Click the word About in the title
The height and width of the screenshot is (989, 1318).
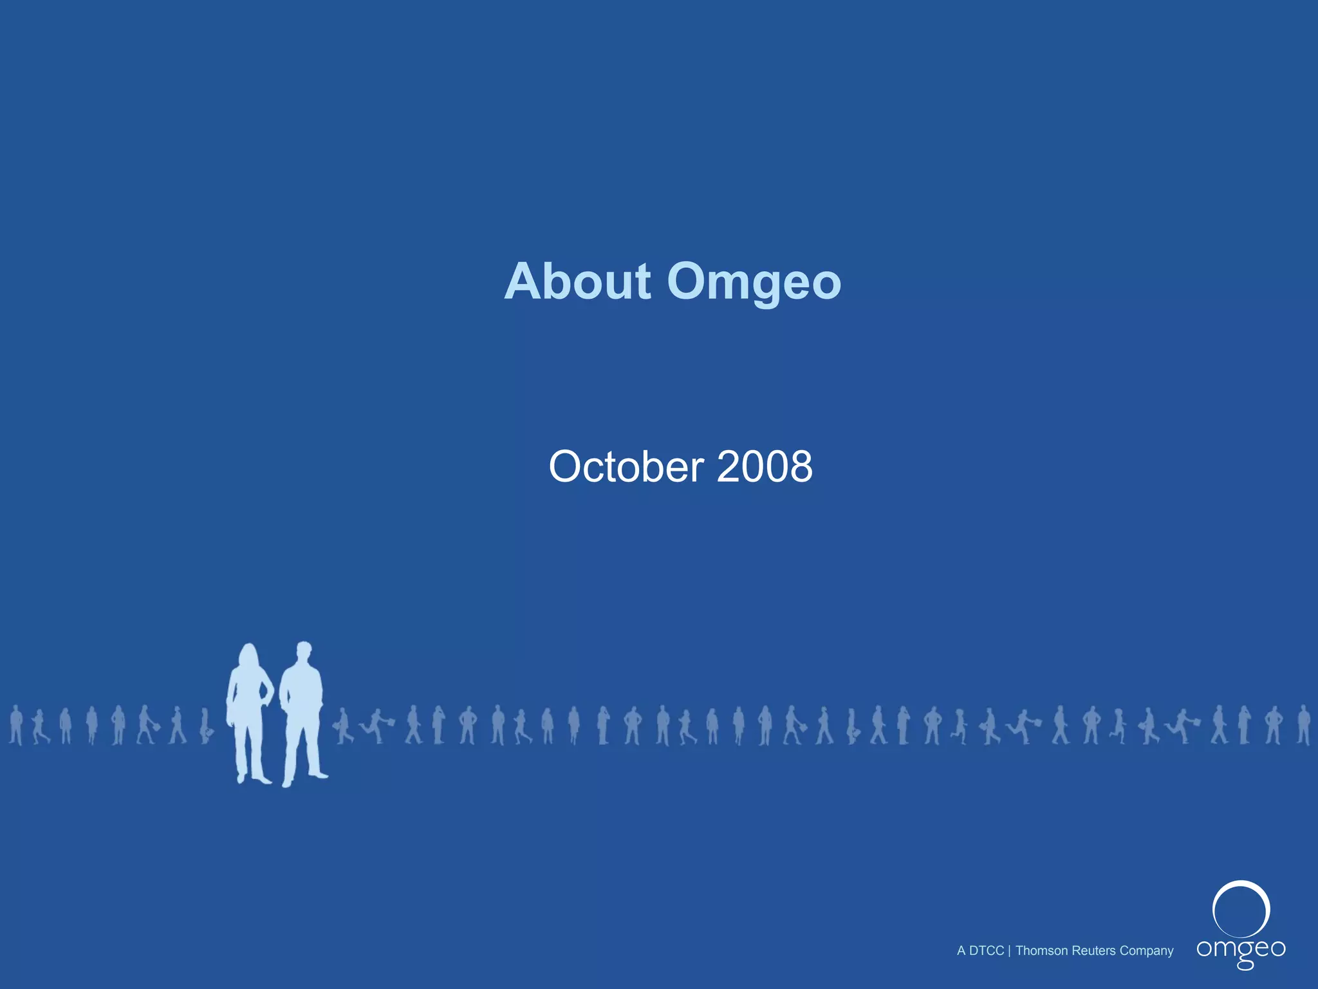tap(577, 281)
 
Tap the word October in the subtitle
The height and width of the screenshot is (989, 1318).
tap(626, 466)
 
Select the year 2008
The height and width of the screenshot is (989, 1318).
tap(764, 466)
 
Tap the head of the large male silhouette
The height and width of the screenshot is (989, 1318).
tap(304, 650)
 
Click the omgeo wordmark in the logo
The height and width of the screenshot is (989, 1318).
tap(1241, 950)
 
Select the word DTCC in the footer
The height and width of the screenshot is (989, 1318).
tap(986, 951)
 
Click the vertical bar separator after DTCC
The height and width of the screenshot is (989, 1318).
tap(1009, 951)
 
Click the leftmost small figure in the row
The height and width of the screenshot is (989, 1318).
tap(16, 725)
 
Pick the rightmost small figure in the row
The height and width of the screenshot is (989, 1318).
tap(1304, 725)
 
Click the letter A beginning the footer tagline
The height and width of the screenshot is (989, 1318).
tap(961, 951)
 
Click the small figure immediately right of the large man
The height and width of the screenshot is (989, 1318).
tap(344, 726)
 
